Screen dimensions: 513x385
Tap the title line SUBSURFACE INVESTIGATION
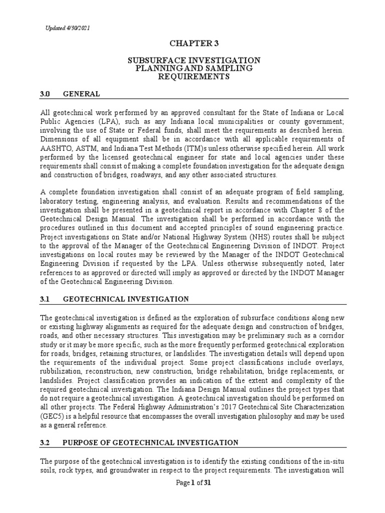click(x=193, y=60)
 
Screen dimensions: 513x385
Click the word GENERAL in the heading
click(x=82, y=94)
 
